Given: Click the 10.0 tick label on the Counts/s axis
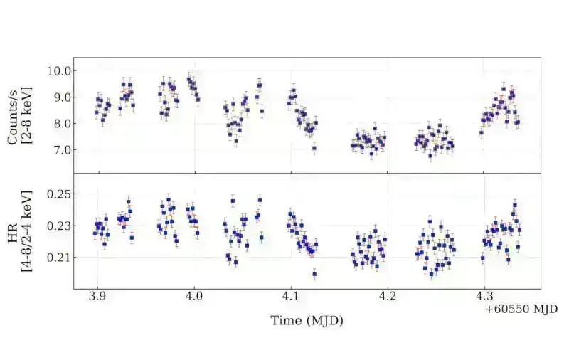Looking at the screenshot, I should (58, 71).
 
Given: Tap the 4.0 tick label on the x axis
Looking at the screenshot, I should (194, 295).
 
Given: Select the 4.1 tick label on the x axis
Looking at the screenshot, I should (291, 295).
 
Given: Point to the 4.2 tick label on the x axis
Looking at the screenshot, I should (387, 295).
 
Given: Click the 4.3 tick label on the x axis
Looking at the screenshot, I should (484, 295).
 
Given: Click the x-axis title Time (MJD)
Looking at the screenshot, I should (307, 321).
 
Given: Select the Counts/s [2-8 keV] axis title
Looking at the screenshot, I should (19, 115).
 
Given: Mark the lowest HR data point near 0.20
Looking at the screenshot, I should (314, 274).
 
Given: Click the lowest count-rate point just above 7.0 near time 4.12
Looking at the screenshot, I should (314, 149).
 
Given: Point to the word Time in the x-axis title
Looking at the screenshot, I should (284, 321).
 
